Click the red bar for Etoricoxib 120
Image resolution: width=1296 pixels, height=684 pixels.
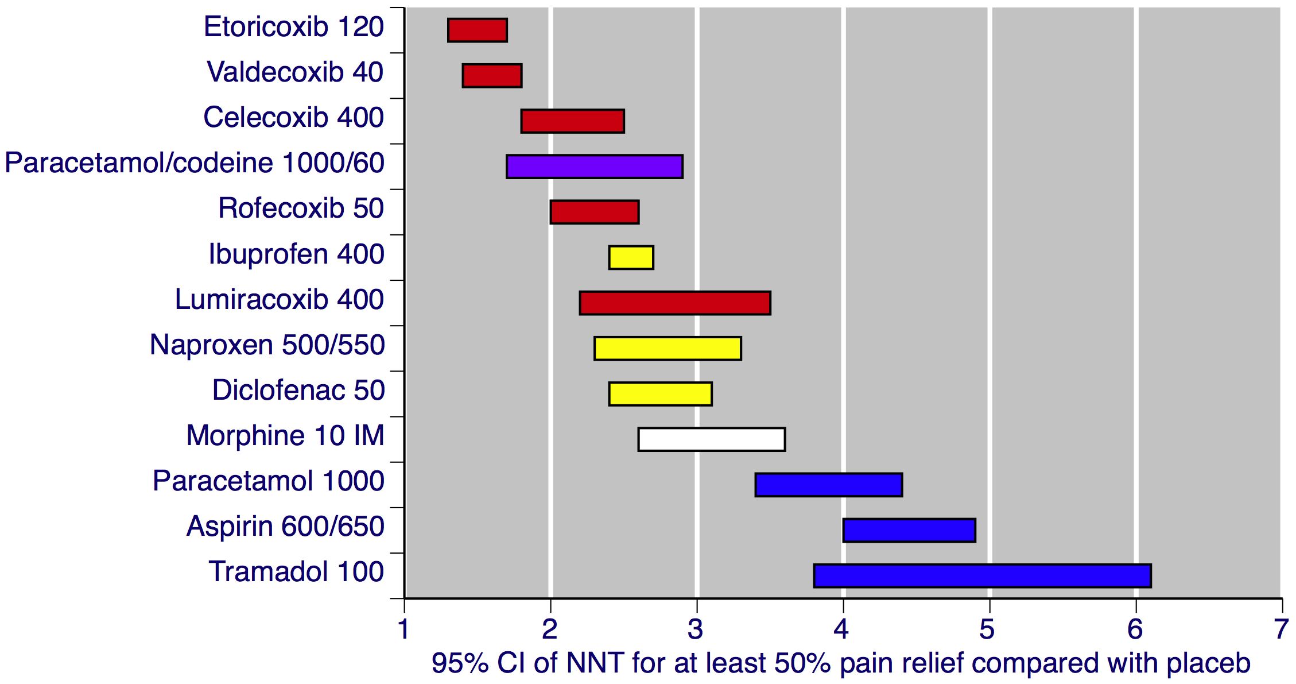477,30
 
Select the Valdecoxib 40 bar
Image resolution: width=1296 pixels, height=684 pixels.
492,76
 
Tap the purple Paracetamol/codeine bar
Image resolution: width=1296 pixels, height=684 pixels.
594,167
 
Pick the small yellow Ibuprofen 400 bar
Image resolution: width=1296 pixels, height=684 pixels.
631,257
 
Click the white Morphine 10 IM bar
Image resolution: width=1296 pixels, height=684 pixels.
711,439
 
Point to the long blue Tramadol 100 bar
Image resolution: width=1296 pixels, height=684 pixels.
982,575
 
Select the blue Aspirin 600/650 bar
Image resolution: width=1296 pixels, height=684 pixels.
909,530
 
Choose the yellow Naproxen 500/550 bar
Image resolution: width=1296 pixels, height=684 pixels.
668,349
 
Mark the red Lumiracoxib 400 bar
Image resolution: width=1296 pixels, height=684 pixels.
674,303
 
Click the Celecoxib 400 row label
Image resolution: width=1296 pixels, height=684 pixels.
293,118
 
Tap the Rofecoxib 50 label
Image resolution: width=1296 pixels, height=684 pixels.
301,208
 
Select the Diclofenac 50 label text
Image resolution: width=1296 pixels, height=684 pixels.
298,391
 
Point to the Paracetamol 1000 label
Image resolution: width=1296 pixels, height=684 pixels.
268,481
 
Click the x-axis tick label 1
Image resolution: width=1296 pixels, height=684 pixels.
404,629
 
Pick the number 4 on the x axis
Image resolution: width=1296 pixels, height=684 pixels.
841,629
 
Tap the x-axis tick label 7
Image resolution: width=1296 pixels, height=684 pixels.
1281,629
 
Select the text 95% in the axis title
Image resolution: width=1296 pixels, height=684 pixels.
459,663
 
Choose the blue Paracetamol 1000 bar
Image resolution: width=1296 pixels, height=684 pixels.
828,485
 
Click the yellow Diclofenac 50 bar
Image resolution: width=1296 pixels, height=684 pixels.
660,394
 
